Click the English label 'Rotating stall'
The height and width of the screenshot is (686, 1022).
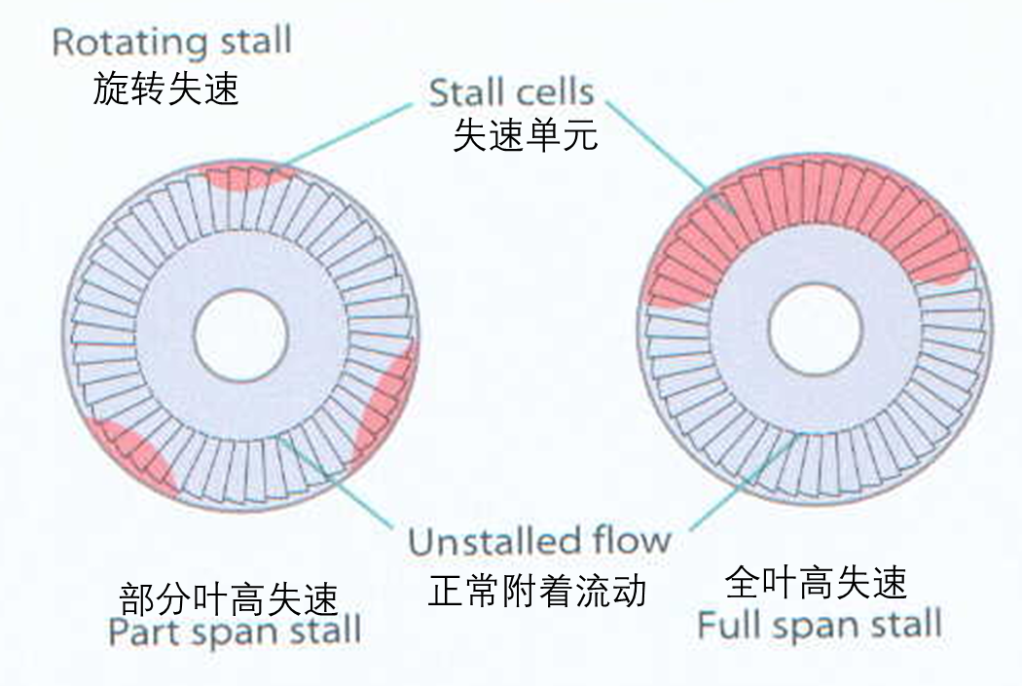click(171, 43)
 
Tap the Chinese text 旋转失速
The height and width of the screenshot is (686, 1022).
click(165, 89)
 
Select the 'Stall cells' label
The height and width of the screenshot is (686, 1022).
click(512, 91)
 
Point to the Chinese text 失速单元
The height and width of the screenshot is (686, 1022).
click(525, 134)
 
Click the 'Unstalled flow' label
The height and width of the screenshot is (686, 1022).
click(539, 541)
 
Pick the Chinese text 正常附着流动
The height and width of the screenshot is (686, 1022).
click(537, 591)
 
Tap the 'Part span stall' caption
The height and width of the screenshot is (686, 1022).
click(235, 631)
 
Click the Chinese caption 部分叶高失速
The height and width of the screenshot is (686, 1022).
click(229, 598)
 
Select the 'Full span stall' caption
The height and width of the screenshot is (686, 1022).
click(820, 624)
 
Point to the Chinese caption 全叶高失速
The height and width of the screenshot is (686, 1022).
click(816, 582)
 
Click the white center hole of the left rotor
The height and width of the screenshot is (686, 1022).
click(240, 336)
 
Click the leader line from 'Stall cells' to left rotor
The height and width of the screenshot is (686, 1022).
click(349, 133)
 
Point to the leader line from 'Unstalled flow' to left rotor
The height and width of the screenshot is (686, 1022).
click(336, 483)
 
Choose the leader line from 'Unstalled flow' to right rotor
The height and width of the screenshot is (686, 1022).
click(744, 482)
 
